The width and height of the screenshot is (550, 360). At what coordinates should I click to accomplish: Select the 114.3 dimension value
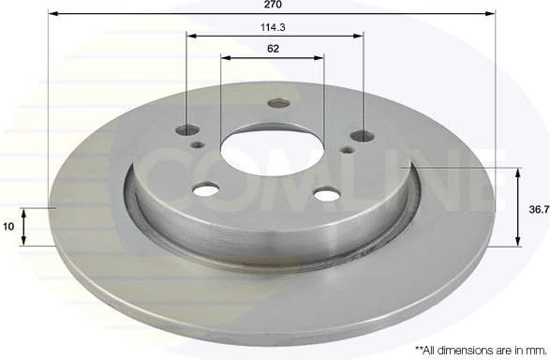tap(274, 27)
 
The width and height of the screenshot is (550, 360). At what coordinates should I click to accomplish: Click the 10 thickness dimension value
tap(8, 226)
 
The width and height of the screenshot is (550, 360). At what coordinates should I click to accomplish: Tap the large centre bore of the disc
tap(272, 150)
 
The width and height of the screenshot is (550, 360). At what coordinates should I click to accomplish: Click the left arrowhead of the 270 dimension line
tap(52, 14)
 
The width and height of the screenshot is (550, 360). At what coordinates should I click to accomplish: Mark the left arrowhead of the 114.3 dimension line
tap(190, 36)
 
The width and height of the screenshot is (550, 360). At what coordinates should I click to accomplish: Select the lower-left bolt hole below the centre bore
tap(206, 190)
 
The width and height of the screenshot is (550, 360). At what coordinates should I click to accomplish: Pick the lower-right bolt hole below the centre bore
tap(325, 195)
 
